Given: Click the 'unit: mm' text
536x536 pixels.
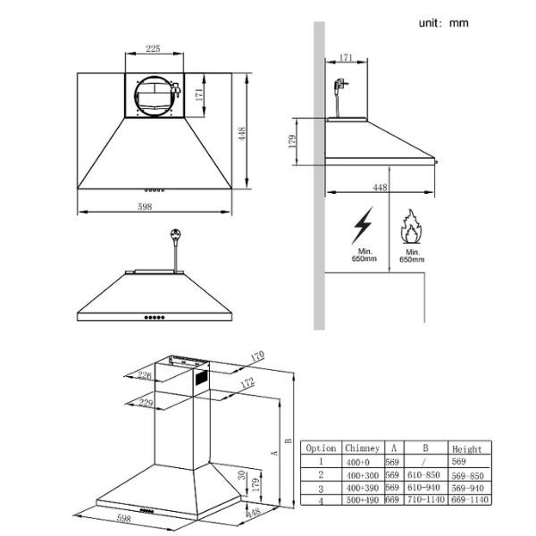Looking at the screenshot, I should tap(444, 22).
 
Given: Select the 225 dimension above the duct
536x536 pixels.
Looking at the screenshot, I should tap(153, 50).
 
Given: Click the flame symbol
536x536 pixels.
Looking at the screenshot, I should tap(411, 226).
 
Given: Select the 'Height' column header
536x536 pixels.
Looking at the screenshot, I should tap(466, 449).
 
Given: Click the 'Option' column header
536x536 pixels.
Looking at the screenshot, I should tap(321, 448).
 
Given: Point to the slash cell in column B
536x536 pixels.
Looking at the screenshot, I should tap(427, 463).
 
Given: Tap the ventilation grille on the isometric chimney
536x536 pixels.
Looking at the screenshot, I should tap(200, 378).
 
